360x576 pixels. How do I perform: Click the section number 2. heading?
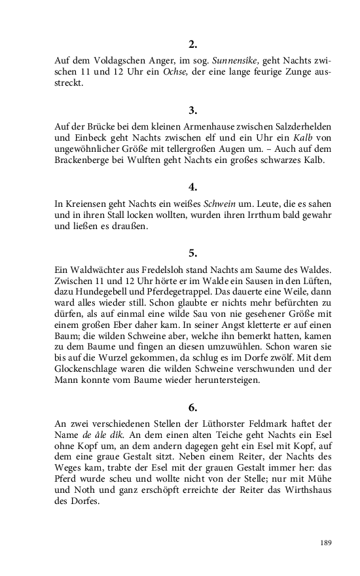192,45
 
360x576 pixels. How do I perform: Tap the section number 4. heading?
192,186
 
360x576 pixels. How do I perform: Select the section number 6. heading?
192,408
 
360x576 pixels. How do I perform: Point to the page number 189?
327,543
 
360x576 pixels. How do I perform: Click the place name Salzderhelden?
297,125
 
